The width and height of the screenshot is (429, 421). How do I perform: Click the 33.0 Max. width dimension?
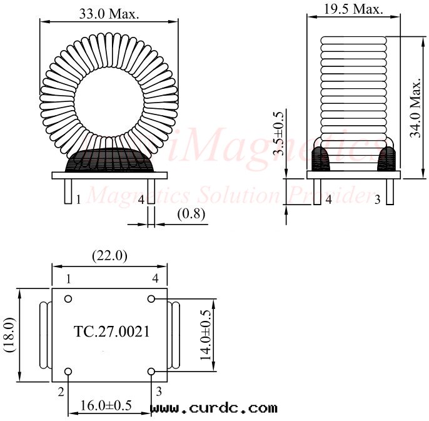point(109,13)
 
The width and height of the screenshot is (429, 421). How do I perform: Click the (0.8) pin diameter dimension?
point(191,214)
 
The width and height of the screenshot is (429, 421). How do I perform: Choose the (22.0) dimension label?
point(109,256)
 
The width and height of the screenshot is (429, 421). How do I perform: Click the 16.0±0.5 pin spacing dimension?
point(106,406)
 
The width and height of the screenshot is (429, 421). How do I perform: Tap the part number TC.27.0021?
point(112,332)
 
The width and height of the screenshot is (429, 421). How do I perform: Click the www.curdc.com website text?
point(214,408)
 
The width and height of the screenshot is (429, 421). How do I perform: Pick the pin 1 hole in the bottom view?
point(68,298)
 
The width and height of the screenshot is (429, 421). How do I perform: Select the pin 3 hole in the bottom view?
point(151,372)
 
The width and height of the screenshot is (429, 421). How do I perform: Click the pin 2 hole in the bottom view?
point(68,372)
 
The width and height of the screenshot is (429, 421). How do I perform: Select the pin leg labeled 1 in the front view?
point(67,191)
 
